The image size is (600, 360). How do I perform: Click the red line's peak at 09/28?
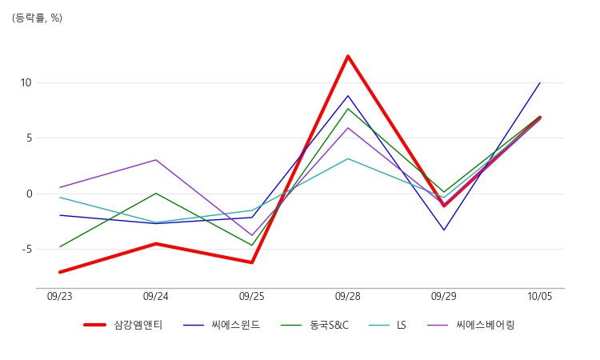[348, 56]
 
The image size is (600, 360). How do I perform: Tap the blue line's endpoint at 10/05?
[540, 82]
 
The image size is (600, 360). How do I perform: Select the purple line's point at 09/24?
[156, 160]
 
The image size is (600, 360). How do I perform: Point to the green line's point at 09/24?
[156, 193]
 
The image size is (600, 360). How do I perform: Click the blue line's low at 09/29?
[444, 230]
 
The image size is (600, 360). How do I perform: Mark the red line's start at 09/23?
[60, 272]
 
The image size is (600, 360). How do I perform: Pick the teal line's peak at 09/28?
[348, 158]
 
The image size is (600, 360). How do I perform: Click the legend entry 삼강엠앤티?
[123, 325]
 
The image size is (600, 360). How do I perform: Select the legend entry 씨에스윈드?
[222, 325]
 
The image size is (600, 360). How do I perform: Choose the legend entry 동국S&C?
[314, 325]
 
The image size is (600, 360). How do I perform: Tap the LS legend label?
[401, 325]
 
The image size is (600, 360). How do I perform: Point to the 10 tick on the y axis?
[26, 82]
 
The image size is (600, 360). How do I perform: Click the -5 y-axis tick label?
[26, 250]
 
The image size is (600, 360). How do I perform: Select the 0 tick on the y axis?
[30, 194]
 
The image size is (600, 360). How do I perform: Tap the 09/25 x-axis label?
[252, 297]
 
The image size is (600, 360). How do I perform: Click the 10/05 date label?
[540, 297]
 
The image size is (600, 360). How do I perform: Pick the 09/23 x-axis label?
[60, 297]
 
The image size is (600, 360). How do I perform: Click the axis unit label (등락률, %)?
[37, 18]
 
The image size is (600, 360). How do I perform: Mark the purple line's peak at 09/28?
[348, 128]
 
